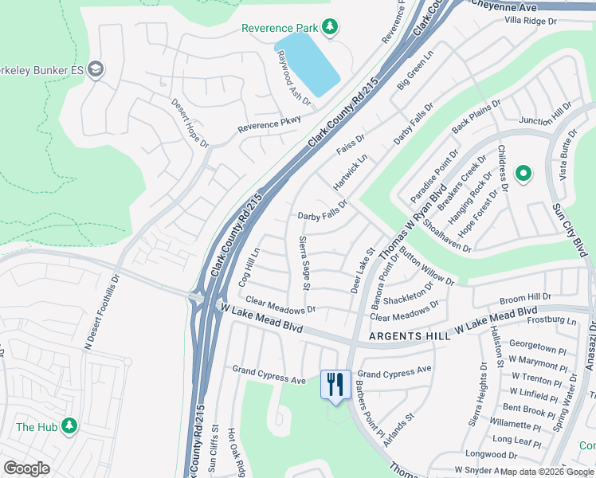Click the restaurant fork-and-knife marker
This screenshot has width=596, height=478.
[335, 384]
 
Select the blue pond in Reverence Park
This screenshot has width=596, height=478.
[308, 65]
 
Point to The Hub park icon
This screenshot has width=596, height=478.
[69, 426]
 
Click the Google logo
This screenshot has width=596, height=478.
[26, 468]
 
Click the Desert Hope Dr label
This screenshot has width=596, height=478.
[190, 124]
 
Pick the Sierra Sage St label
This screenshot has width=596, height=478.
[304, 263]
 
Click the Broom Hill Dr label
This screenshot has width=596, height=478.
[525, 297]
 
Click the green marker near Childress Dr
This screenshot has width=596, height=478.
[523, 173]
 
